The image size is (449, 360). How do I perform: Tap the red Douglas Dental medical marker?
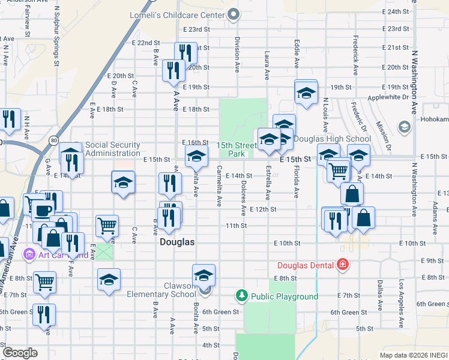(342, 265)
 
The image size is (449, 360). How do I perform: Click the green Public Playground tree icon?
(241, 295)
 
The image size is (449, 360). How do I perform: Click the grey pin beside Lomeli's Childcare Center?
(235, 13)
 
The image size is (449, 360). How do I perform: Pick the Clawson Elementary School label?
(161, 290)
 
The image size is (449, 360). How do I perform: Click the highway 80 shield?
(53, 140)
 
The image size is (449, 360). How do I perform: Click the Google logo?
(20, 353)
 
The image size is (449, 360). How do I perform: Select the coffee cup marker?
(43, 211)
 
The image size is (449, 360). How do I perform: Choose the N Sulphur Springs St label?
(57, 36)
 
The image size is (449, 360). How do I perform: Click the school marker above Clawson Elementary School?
(203, 276)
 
